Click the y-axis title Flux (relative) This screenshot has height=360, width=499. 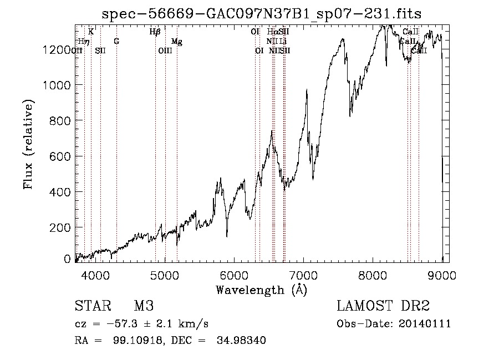(28, 144)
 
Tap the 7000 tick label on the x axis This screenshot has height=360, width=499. (304, 275)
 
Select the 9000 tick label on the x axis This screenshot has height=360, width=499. (442, 275)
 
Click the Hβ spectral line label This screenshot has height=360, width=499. (155, 32)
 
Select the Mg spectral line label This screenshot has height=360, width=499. (176, 42)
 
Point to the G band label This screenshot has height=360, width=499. (116, 42)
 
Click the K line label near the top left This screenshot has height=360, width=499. (91, 32)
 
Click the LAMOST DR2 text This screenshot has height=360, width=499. (383, 307)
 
